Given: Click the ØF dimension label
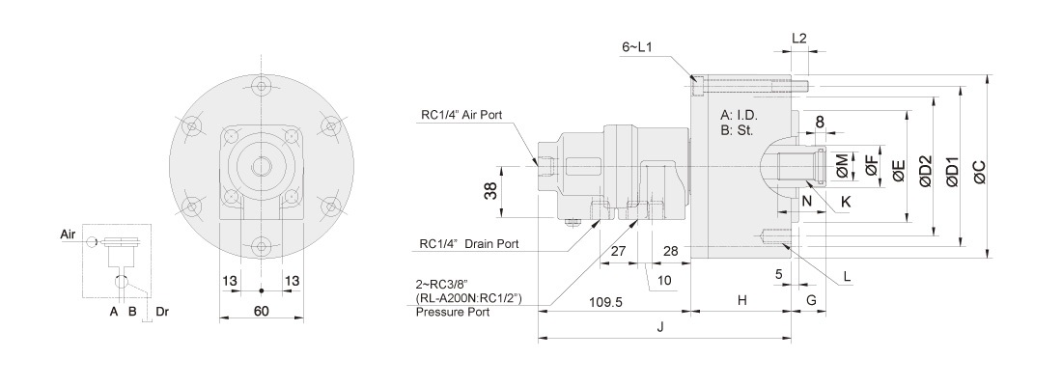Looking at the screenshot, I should (x=871, y=166).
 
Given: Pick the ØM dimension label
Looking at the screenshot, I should (x=843, y=166).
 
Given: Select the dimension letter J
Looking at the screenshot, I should (x=660, y=326).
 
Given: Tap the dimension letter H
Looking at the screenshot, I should (x=741, y=301).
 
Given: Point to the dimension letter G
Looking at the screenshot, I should (x=811, y=301).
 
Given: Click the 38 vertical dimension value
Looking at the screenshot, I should (x=491, y=192).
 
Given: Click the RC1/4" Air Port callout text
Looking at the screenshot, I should (x=467, y=117).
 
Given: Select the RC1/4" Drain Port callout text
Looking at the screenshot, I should (x=469, y=245).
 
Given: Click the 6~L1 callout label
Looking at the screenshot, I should (x=638, y=46).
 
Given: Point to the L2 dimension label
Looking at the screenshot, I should (x=798, y=38).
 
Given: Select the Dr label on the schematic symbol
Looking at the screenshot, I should (x=162, y=312).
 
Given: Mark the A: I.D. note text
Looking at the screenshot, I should (x=741, y=114).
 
